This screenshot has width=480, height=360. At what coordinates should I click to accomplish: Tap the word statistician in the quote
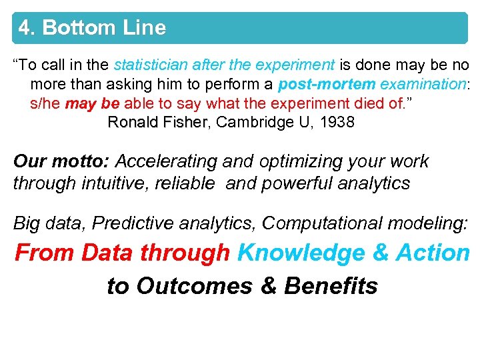point(150,65)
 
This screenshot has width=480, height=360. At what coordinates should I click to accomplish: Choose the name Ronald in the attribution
point(131,123)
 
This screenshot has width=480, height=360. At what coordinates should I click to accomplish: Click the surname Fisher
point(183,123)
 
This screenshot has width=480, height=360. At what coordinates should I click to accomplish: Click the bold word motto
point(79,162)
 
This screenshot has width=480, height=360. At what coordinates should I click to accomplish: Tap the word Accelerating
point(166,162)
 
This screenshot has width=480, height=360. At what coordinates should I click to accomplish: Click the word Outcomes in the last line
point(194,286)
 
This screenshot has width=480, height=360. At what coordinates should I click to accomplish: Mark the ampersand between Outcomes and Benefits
point(269,286)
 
